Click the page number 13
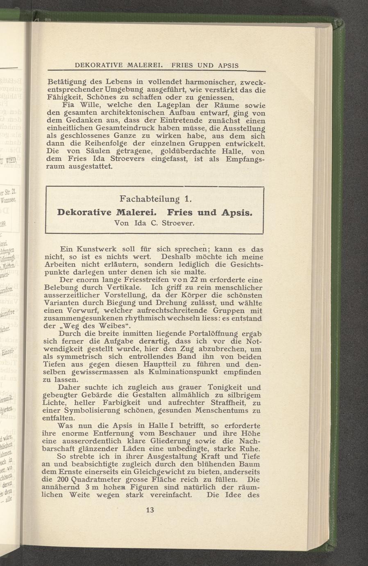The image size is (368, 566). [149, 510]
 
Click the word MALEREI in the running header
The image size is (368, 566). [141, 65]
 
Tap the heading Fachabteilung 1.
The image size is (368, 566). [155, 199]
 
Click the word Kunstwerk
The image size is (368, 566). [97, 249]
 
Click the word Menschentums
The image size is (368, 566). [218, 411]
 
